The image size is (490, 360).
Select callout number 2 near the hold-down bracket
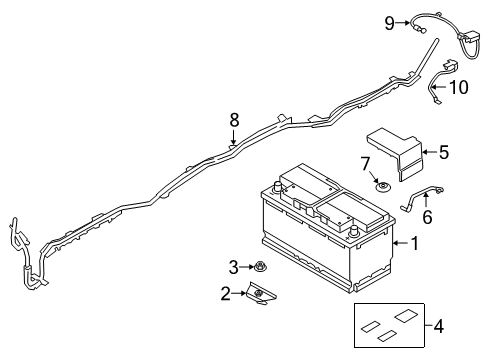coord(226,294)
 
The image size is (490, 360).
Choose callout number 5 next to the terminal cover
coord(443,152)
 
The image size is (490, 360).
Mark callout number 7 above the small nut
coord(366,162)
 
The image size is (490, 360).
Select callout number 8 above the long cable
coord(234,119)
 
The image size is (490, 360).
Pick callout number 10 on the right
coord(458,88)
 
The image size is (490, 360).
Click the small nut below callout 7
coord(381,186)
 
